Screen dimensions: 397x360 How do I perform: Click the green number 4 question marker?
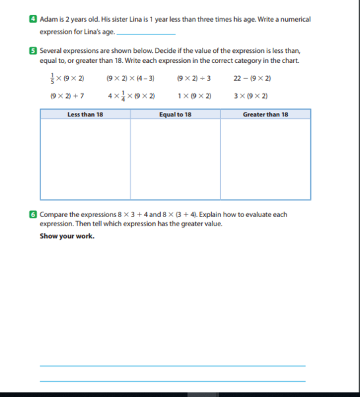click(34, 20)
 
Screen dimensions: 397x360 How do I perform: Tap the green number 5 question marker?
click(34, 50)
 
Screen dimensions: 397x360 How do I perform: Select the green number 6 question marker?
click(34, 214)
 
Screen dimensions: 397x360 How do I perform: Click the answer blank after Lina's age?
click(146, 32)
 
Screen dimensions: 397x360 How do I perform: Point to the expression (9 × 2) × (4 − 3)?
click(130, 78)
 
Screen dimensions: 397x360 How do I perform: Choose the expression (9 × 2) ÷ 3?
click(194, 78)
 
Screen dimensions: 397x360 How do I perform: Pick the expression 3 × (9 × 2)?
click(251, 96)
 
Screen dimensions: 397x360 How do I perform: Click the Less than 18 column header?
click(85, 114)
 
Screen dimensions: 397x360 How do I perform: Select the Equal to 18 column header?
click(175, 114)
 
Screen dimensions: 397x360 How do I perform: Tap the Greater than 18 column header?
click(265, 114)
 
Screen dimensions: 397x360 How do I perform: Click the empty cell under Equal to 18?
click(175, 159)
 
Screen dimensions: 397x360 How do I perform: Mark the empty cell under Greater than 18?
click(265, 159)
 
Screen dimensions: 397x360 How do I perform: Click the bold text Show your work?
click(67, 236)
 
